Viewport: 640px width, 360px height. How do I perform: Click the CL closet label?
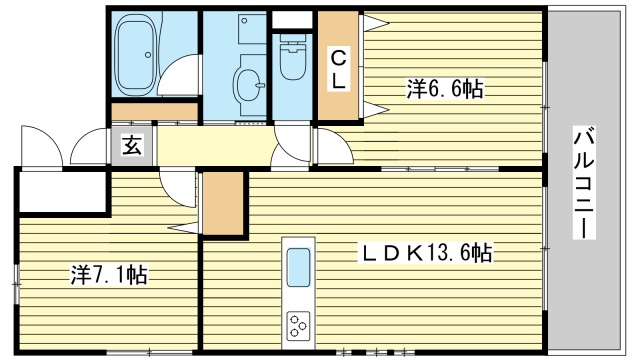339,68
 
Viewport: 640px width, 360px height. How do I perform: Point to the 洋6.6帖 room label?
444,89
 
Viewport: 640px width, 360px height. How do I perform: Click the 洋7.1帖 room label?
108,273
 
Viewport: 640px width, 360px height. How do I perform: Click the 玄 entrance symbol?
131,145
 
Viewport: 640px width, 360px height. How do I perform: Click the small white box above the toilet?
292,19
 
